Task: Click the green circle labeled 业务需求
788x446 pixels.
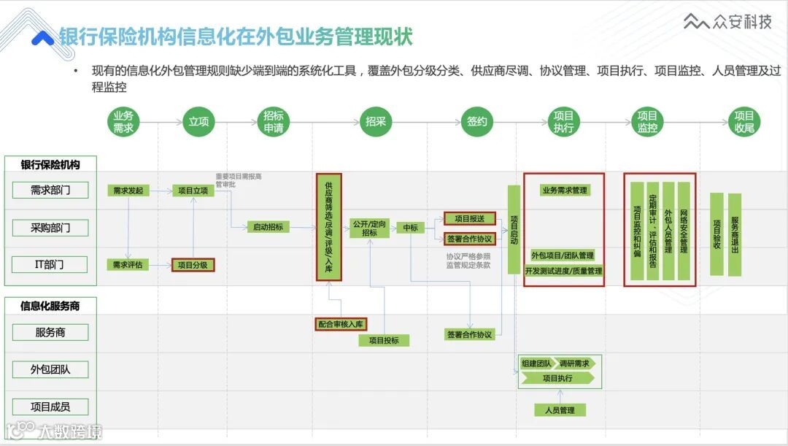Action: [123, 122]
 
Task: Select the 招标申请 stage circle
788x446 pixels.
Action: [274, 122]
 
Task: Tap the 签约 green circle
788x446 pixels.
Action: [477, 122]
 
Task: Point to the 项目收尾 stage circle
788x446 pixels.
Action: [743, 122]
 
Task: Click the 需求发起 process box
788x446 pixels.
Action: [128, 191]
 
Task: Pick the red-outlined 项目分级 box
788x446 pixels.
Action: [193, 265]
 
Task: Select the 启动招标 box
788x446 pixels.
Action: [268, 227]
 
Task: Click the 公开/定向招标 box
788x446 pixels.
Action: [370, 228]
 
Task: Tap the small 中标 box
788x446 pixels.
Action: [411, 228]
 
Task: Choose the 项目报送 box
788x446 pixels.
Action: [470, 218]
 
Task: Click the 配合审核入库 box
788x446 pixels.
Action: [341, 324]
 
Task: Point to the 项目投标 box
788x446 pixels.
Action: [384, 340]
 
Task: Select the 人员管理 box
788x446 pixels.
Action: [560, 410]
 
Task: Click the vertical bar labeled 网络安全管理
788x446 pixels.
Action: [684, 231]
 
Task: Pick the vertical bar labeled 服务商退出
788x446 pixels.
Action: [735, 234]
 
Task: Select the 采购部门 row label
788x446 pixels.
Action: [50, 228]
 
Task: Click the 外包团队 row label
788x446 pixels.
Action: [50, 369]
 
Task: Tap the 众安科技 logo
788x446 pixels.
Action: [727, 23]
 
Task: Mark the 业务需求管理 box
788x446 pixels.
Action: [564, 191]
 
